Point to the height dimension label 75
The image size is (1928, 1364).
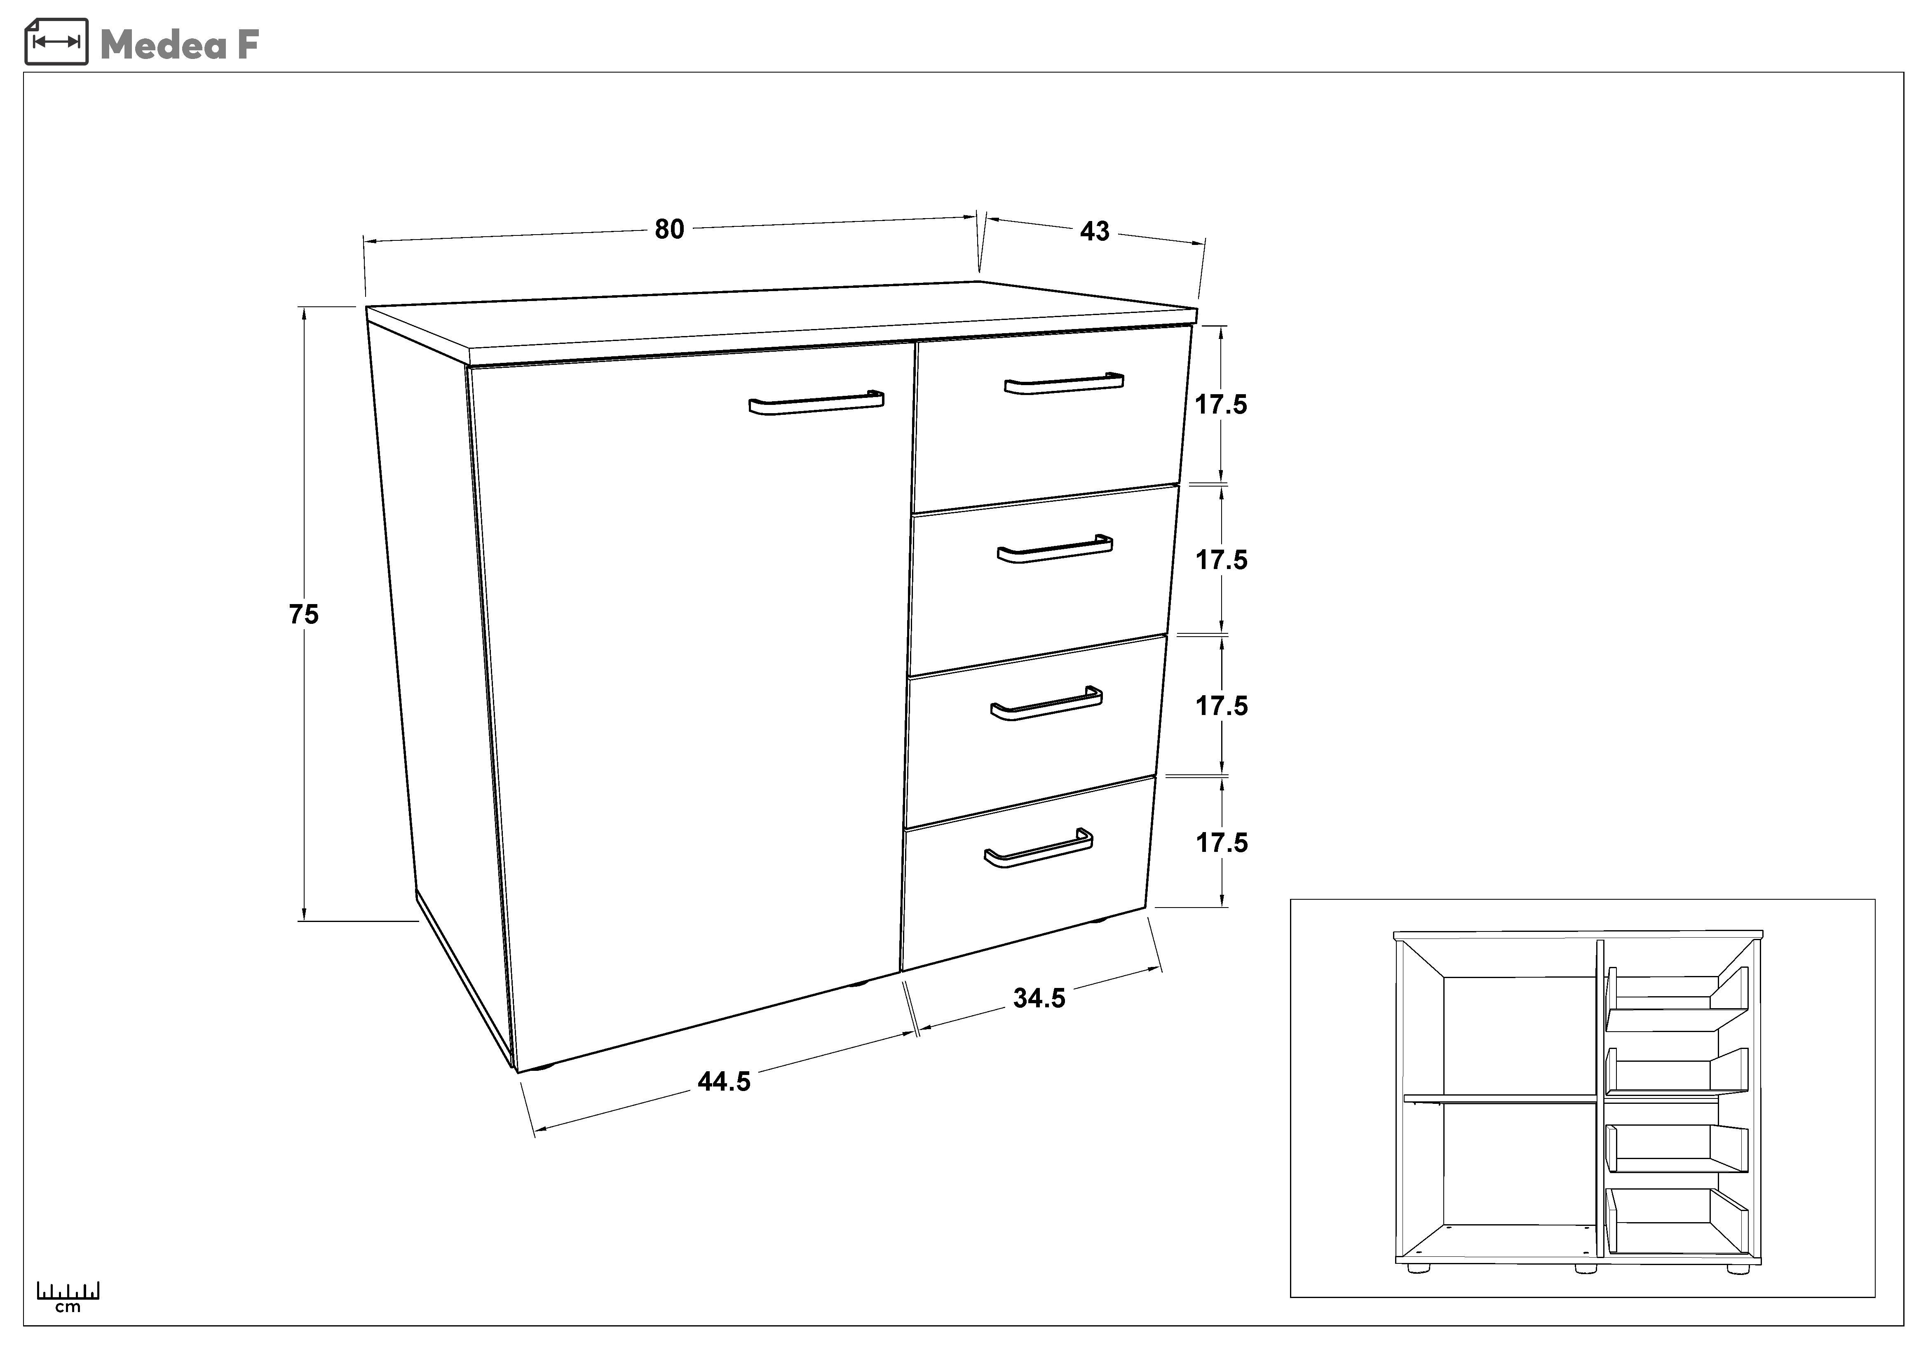(304, 615)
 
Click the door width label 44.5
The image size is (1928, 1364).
(724, 1082)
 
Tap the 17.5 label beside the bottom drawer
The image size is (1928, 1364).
(1222, 842)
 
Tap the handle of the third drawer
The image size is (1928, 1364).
(1046, 704)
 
